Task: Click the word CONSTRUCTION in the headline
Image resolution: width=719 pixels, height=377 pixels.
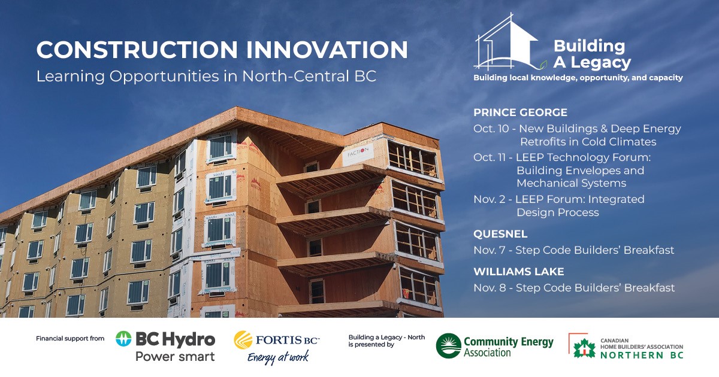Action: pyautogui.click(x=137, y=50)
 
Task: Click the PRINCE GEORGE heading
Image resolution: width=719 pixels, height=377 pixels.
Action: pyautogui.click(x=520, y=113)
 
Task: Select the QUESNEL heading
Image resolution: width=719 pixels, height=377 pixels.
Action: pyautogui.click(x=500, y=234)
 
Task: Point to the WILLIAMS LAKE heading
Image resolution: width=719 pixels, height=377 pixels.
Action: pyautogui.click(x=519, y=272)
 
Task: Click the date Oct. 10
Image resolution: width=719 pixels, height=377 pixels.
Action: pyautogui.click(x=491, y=129)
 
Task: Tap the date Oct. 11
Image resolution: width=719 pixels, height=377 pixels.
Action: pyautogui.click(x=490, y=157)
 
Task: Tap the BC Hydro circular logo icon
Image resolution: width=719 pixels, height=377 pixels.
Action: pyautogui.click(x=123, y=339)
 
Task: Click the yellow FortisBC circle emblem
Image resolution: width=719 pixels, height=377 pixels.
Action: pyautogui.click(x=243, y=340)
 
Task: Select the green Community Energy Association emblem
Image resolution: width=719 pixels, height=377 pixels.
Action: pyautogui.click(x=448, y=346)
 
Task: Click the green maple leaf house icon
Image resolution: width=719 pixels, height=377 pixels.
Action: pyautogui.click(x=584, y=348)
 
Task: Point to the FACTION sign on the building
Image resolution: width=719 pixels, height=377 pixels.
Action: pyautogui.click(x=358, y=154)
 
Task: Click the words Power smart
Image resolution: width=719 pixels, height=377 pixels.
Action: pyautogui.click(x=175, y=357)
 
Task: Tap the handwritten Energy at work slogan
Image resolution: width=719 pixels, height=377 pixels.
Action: pyautogui.click(x=278, y=357)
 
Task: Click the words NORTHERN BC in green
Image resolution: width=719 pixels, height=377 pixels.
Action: pyautogui.click(x=642, y=355)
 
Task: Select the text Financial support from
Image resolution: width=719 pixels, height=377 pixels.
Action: pyautogui.click(x=70, y=339)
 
